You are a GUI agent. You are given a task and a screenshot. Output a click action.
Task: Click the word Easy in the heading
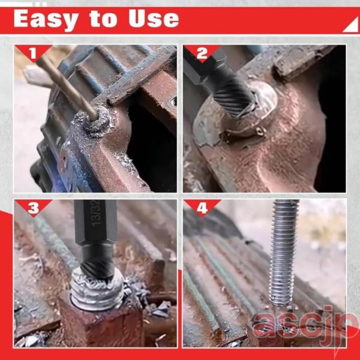click(x=46, y=20)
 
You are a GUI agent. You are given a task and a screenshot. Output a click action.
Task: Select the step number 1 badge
click(x=33, y=53)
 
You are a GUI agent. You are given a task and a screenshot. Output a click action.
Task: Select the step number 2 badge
click(x=202, y=53)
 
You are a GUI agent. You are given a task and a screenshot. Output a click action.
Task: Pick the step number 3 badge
click(x=34, y=208)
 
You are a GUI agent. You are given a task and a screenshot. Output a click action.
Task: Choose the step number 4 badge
click(x=202, y=208)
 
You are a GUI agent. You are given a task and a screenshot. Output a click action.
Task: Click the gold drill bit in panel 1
click(x=67, y=87)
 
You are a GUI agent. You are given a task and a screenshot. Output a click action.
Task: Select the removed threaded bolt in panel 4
click(x=284, y=253)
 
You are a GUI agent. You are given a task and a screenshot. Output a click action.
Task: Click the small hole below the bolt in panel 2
click(x=261, y=131)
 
